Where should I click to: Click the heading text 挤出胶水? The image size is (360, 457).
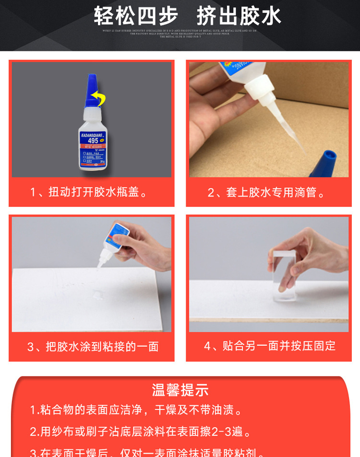(239, 15)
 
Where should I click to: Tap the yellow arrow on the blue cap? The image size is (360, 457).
(99, 98)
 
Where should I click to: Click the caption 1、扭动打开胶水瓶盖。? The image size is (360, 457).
(91, 192)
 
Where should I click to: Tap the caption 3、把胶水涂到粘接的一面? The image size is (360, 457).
(93, 347)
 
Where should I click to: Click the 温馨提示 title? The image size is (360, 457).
(180, 389)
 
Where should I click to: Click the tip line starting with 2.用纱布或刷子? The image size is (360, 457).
(141, 432)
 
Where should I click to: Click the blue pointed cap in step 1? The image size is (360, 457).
(93, 91)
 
